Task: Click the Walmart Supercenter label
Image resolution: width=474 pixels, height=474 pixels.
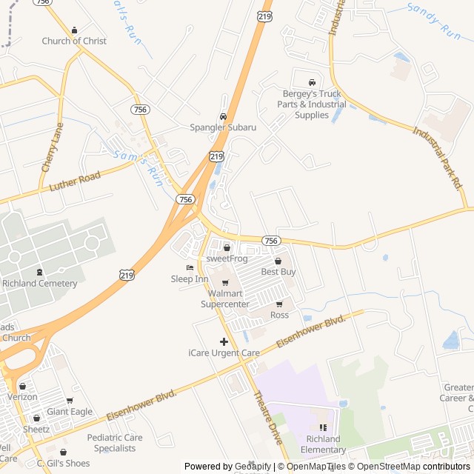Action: pos(225,298)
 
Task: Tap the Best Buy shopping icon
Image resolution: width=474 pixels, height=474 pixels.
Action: pos(278,261)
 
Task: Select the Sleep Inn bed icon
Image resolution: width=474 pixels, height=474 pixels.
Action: pos(190,268)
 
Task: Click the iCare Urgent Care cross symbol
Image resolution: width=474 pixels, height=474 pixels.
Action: pos(224,341)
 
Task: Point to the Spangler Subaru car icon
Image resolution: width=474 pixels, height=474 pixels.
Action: pos(223,116)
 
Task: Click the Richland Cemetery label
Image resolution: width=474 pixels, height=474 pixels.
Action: pos(40,284)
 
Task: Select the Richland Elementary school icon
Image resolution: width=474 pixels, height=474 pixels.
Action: pos(323,427)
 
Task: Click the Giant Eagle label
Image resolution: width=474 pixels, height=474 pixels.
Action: pos(70,412)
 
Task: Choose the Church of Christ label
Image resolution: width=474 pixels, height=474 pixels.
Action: pos(74,41)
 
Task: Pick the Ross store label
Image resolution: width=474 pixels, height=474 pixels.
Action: pos(279,315)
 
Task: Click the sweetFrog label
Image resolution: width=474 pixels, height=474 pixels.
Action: pos(226,258)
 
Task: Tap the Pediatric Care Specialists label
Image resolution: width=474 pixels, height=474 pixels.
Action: pos(111,443)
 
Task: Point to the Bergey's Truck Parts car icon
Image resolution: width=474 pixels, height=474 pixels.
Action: pos(312,82)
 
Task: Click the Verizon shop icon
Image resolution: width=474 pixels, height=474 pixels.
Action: pos(23,386)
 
